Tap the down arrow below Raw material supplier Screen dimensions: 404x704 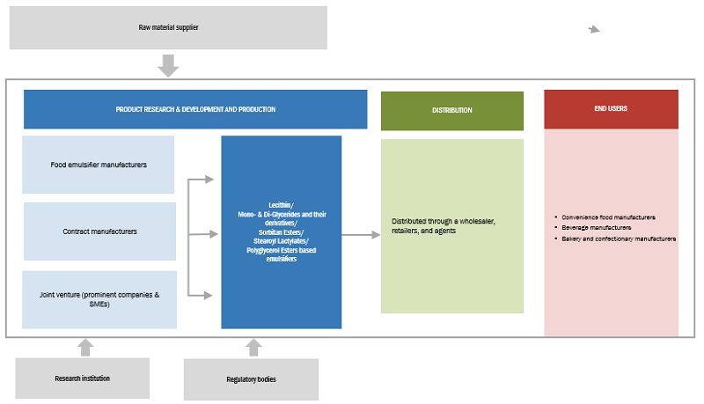click(x=168, y=66)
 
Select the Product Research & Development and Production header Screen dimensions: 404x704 click(x=195, y=109)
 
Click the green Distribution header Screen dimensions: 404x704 click(x=451, y=110)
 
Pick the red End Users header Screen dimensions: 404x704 click(x=611, y=109)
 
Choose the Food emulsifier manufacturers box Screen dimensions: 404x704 click(x=99, y=165)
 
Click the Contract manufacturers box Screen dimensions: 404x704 click(x=99, y=231)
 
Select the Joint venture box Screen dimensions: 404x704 click(x=99, y=300)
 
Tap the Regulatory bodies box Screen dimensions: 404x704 click(x=251, y=379)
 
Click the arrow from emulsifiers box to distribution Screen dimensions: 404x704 click(x=360, y=234)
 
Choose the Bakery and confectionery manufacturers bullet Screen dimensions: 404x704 click(x=618, y=239)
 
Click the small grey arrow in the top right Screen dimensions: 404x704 click(x=594, y=29)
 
